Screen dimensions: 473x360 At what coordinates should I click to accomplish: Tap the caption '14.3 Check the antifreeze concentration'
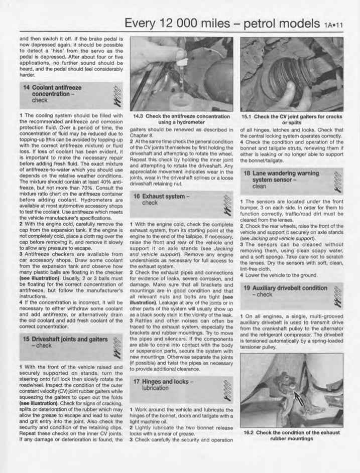point(181,116)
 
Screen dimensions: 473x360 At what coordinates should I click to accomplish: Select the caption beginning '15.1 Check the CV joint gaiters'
point(291,116)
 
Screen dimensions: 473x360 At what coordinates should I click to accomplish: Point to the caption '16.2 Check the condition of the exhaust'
point(291,432)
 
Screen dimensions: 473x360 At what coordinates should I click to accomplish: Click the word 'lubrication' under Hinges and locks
point(155,388)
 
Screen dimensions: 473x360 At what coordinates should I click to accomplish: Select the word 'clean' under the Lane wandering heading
point(259,186)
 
